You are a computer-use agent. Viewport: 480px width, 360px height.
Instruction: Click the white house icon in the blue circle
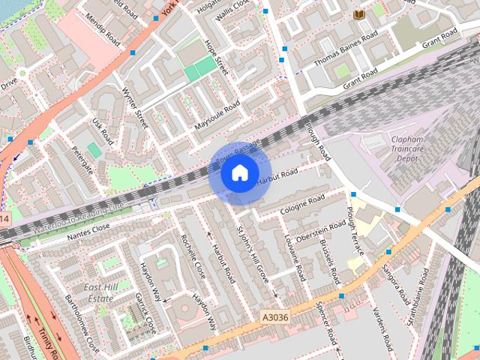[239, 173]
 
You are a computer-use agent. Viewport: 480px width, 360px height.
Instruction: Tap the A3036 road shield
[275, 318]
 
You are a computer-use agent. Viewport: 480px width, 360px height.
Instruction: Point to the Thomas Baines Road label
[346, 47]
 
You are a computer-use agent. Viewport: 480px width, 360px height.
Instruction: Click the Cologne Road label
[302, 205]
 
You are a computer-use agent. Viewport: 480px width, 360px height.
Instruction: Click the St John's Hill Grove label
[252, 256]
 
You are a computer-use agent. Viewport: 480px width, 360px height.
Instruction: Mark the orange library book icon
[358, 14]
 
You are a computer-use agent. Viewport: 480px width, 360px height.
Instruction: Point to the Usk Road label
[103, 130]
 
